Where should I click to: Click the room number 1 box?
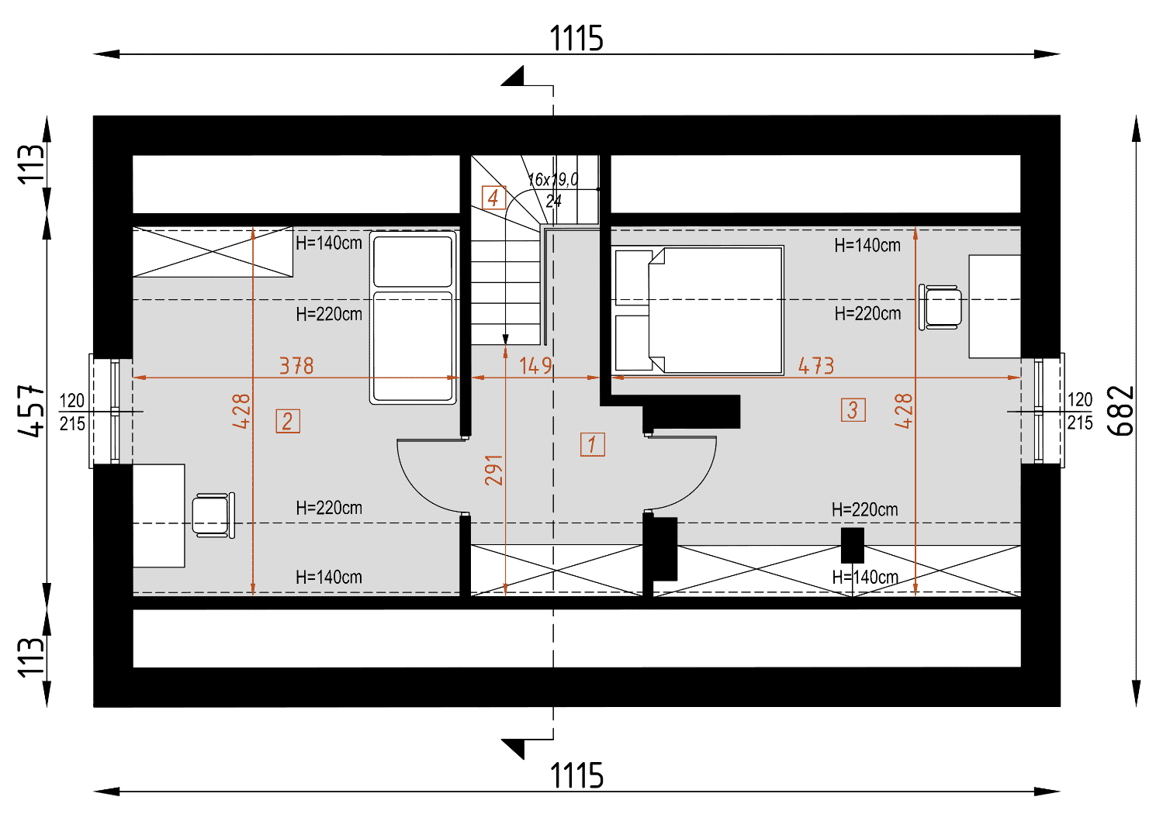(593, 445)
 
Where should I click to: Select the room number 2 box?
(288, 421)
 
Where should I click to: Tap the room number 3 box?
(853, 410)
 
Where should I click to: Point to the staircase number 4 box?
(493, 198)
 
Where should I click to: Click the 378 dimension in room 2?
(296, 366)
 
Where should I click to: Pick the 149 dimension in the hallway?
(535, 366)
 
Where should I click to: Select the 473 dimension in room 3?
(816, 366)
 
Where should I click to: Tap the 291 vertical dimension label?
(494, 470)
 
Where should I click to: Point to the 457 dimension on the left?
(31, 411)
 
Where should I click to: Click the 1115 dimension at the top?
(576, 38)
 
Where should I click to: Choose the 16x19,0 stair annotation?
(553, 180)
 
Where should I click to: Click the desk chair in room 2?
(213, 516)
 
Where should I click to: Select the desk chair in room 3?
(940, 307)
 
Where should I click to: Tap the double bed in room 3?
(698, 310)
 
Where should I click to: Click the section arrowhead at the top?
(512, 76)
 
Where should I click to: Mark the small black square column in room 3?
(853, 545)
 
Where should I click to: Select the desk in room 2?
(159, 516)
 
